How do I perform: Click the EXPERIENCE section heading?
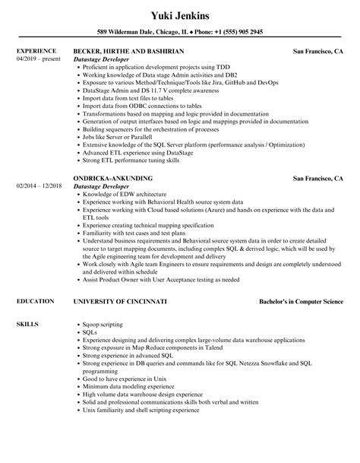coord(35,51)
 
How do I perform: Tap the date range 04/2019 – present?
coord(36,59)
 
